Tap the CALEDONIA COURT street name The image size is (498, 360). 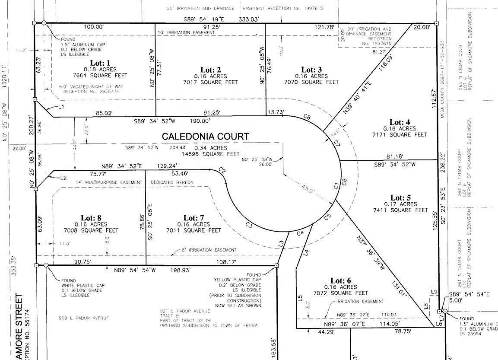pyautogui.click(x=205, y=137)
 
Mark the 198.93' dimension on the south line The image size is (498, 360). pyautogui.click(x=178, y=270)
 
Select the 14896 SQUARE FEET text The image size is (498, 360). pyautogui.click(x=210, y=154)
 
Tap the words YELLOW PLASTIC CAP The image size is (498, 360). pyautogui.click(x=237, y=280)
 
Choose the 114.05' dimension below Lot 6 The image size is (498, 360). pyautogui.click(x=387, y=324)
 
